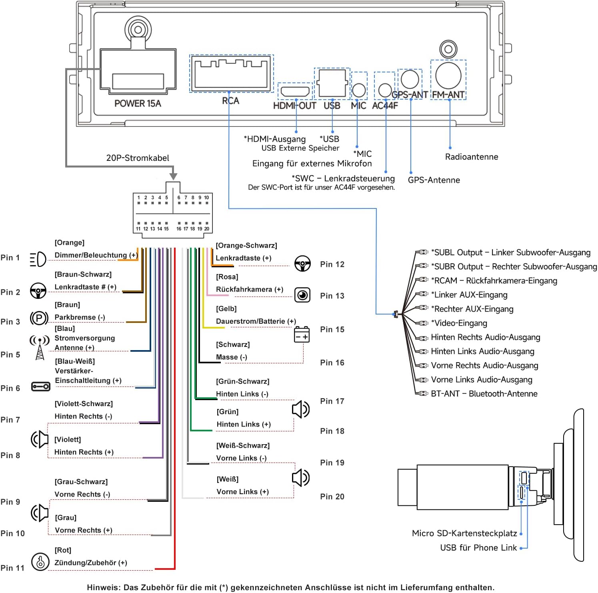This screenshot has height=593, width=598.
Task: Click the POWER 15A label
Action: coord(138,104)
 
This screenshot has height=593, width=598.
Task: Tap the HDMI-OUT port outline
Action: coord(295,91)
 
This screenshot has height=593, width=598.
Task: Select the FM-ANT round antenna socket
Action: coord(448,76)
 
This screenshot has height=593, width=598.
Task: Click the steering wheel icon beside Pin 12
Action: coord(302,264)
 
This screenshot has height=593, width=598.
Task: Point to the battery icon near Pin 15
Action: coord(302,335)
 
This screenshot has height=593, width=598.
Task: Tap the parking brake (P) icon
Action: coord(39,319)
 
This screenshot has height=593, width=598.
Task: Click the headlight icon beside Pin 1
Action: coord(38,259)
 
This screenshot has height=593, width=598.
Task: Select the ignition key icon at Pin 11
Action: coord(40,562)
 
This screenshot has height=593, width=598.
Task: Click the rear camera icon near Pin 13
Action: coord(302,295)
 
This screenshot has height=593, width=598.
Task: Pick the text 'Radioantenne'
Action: coord(472,157)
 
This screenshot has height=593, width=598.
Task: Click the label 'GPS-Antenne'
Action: coord(434,180)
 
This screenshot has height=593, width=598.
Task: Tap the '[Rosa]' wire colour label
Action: coord(227,277)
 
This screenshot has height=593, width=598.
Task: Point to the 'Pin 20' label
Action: coord(332,497)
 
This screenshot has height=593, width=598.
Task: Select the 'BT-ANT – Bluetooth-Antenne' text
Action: coord(484,394)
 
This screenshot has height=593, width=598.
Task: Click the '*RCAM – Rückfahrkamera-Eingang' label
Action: coord(494,280)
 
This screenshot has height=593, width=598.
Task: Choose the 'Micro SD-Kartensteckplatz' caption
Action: coord(464,533)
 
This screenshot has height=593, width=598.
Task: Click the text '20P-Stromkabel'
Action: coord(138,158)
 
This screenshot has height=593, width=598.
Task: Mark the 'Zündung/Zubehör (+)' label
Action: coord(91,563)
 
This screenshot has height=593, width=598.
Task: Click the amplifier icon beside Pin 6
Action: coord(40,387)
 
